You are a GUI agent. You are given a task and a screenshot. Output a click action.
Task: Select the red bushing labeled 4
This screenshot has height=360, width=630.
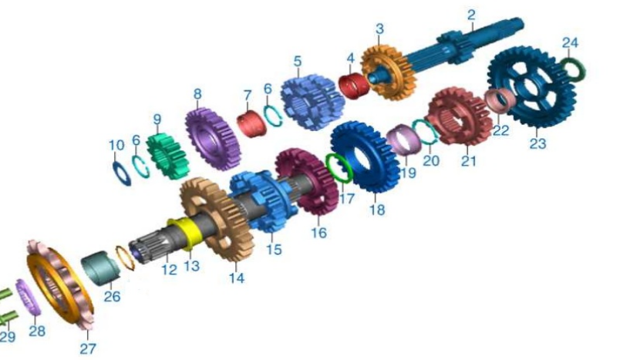click(x=354, y=85)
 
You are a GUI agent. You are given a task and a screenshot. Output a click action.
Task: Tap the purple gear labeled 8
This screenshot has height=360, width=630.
click(x=213, y=139)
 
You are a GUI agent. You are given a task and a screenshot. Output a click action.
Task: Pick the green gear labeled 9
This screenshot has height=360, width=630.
click(x=168, y=156)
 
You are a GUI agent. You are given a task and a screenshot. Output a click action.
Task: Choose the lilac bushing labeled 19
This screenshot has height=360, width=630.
click(x=404, y=139)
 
